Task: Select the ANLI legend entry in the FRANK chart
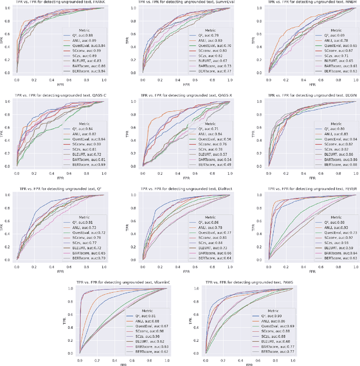tap(81, 40)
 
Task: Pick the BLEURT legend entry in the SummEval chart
tap(200, 61)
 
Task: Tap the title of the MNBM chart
tap(301, 3)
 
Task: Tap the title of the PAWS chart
tap(242, 281)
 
